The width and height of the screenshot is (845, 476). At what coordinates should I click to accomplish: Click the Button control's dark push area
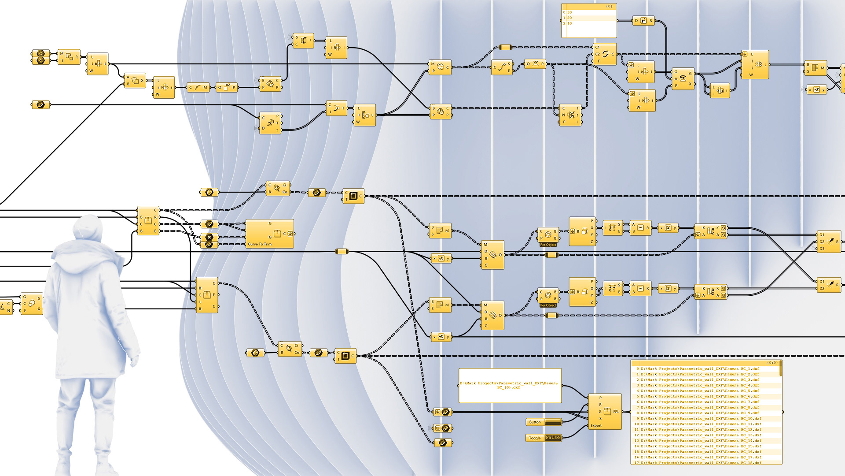pyautogui.click(x=553, y=422)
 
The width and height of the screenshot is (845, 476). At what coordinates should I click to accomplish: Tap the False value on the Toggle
pyautogui.click(x=553, y=438)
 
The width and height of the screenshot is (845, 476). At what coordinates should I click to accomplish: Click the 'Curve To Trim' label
pyautogui.click(x=260, y=244)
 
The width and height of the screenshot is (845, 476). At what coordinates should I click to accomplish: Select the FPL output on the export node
pyautogui.click(x=616, y=412)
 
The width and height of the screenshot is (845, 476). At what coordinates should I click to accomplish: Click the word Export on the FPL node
pyautogui.click(x=596, y=426)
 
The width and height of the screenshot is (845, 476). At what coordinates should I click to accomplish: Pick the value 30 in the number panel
pyautogui.click(x=569, y=12)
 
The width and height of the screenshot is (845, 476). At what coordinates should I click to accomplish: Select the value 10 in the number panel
pyautogui.click(x=569, y=23)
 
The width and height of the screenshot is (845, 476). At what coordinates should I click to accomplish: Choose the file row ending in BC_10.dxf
pyautogui.click(x=700, y=419)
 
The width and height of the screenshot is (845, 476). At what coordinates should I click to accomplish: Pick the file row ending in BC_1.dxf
pyautogui.click(x=700, y=369)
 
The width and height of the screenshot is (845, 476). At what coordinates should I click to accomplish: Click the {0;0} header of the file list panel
pyautogui.click(x=772, y=363)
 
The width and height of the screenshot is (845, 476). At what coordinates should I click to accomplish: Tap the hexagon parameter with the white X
pyautogui.click(x=209, y=237)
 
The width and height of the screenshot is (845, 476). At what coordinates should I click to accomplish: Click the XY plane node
pyautogui.click(x=535, y=64)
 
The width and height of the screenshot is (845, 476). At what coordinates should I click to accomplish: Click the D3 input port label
pyautogui.click(x=822, y=249)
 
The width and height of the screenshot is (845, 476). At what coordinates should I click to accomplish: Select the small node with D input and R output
pyautogui.click(x=643, y=21)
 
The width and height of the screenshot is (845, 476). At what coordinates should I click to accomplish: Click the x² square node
pyautogui.click(x=227, y=87)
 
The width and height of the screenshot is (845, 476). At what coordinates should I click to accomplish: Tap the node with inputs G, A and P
pyautogui.click(x=683, y=79)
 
